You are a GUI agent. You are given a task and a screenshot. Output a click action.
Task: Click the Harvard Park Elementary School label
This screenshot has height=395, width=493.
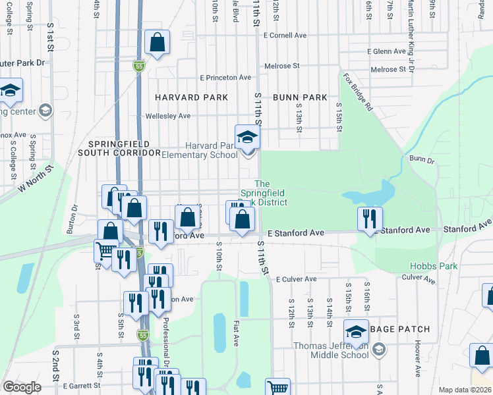tap(210, 150)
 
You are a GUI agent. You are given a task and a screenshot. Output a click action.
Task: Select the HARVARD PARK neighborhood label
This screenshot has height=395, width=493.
tap(191, 97)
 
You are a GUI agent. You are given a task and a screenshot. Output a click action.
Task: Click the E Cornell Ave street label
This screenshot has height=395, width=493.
tap(285, 35)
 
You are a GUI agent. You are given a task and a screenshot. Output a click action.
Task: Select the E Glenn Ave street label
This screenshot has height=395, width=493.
tap(387, 51)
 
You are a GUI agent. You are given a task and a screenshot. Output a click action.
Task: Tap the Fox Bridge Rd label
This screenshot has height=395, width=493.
tap(358, 90)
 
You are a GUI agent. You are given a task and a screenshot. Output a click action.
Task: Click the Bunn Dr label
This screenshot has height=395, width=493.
tap(422, 159)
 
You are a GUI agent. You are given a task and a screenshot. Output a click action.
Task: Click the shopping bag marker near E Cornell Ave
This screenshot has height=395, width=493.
tap(158, 44)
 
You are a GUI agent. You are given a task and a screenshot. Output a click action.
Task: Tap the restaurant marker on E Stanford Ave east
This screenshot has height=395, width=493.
tap(369, 218)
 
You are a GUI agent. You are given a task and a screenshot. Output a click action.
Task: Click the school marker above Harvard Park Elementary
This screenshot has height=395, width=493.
tap(248, 137)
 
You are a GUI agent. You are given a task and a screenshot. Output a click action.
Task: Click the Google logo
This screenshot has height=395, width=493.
tap(22, 387)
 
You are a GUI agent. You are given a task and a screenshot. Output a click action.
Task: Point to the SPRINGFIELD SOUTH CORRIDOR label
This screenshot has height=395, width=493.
tap(119, 148)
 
